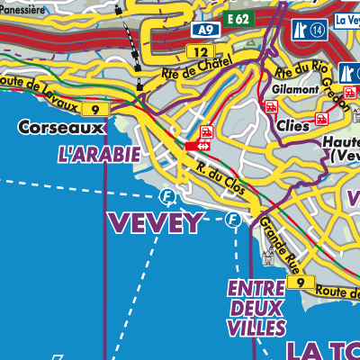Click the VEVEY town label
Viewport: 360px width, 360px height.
click(x=156, y=223)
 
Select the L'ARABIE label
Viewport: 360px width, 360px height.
click(x=98, y=155)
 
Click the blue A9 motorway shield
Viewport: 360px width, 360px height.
click(x=205, y=31)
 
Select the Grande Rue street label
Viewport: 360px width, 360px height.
click(x=276, y=238)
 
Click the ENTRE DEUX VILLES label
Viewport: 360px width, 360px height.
click(x=256, y=307)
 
